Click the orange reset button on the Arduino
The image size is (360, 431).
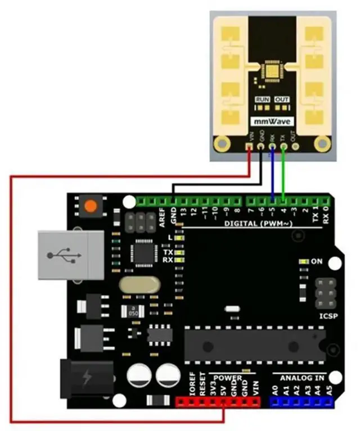[89, 206]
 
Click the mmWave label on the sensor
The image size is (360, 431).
[272, 122]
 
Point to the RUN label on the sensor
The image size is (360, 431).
[262, 99]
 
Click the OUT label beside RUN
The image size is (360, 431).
[281, 99]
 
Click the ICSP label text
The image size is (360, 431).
[328, 316]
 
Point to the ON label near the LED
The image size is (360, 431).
[317, 261]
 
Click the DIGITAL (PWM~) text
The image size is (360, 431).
[257, 224]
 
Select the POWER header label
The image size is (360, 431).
[227, 378]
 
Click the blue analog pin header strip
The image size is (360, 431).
[302, 402]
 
